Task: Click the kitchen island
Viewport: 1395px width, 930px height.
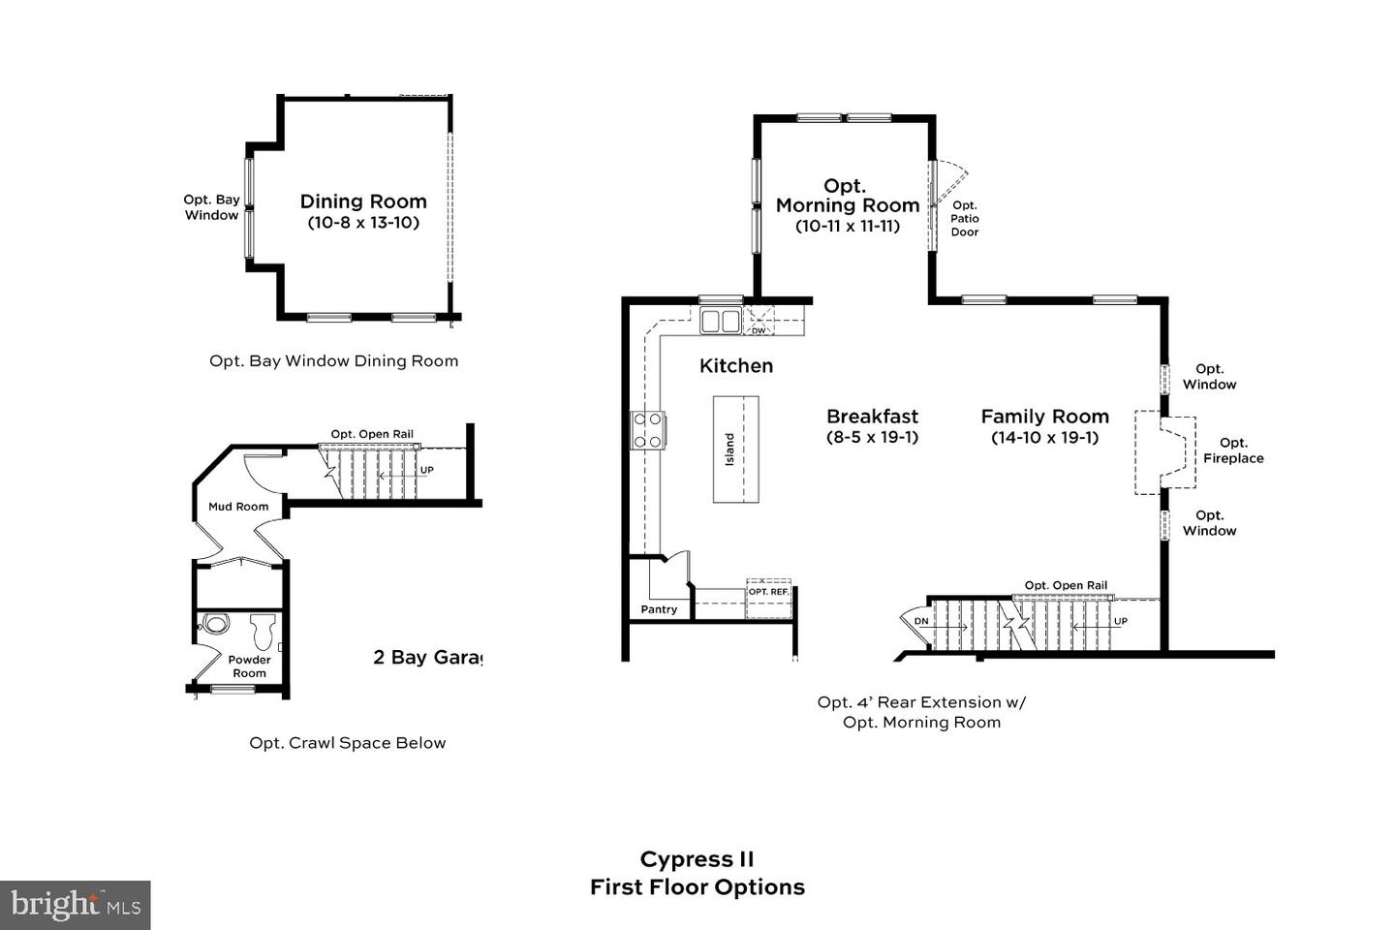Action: click(x=735, y=449)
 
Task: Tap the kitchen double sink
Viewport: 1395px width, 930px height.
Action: click(x=721, y=321)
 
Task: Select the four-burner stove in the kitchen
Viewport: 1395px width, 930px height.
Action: click(x=648, y=430)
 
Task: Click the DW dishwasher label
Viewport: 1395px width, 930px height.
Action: click(x=758, y=330)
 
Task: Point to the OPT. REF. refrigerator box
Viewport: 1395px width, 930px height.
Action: click(x=768, y=599)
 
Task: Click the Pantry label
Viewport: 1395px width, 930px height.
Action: click(x=659, y=609)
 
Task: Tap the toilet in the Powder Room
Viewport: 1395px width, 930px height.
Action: click(x=263, y=631)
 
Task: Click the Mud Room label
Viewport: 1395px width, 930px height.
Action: click(x=238, y=507)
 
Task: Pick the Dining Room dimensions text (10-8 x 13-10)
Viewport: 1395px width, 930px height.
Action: click(x=363, y=223)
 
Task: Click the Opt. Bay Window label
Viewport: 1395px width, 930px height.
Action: click(x=212, y=207)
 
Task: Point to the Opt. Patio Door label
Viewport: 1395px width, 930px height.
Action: click(x=965, y=219)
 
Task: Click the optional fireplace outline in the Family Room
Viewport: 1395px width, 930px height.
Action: click(x=1164, y=453)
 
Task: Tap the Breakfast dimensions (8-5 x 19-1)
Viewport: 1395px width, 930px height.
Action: click(x=873, y=437)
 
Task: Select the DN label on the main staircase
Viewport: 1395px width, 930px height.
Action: click(x=921, y=621)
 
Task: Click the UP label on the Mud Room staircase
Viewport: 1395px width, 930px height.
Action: click(x=426, y=470)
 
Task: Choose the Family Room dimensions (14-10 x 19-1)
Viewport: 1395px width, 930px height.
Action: click(x=1045, y=437)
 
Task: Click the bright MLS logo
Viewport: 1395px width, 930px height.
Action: click(x=76, y=905)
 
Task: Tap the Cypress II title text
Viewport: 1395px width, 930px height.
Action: click(x=697, y=859)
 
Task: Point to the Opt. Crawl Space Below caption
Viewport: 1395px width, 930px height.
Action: click(x=348, y=743)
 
